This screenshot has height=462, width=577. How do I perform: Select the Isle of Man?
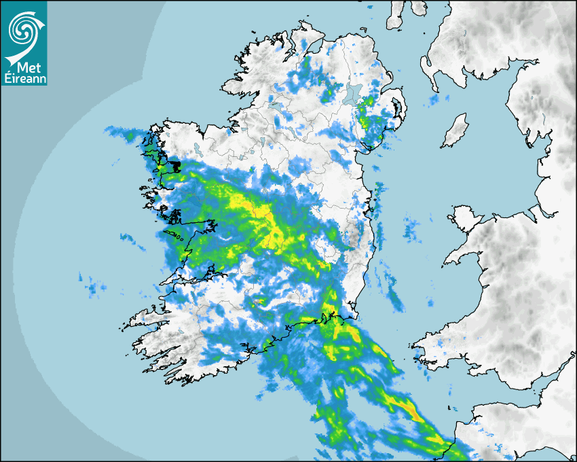click(x=455, y=131)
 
